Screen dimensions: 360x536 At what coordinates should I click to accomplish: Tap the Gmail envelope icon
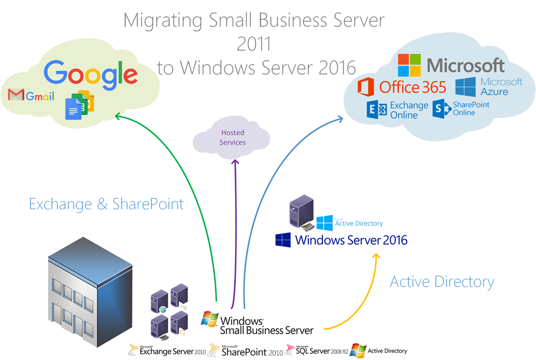(16, 95)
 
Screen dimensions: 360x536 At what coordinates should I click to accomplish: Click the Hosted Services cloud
(232, 137)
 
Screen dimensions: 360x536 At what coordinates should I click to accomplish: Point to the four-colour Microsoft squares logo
(409, 65)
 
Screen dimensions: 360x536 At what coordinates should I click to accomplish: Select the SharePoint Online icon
(442, 108)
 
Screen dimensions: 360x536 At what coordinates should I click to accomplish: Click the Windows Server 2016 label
(351, 240)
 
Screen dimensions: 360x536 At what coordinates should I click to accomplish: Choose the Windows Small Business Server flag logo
(210, 319)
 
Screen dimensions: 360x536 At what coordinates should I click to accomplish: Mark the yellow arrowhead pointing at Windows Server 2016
(376, 256)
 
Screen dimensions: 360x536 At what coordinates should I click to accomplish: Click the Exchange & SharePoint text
(106, 204)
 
